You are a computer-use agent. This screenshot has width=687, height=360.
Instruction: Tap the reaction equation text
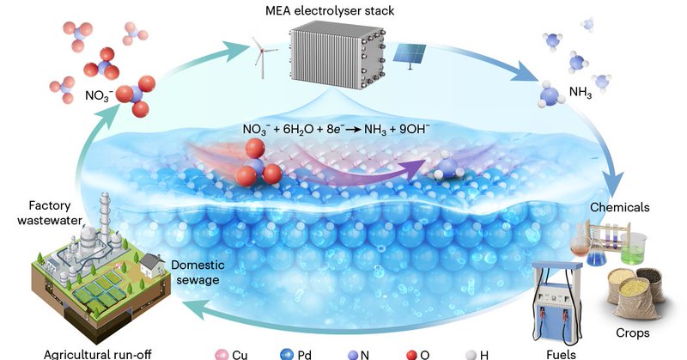(343, 132)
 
